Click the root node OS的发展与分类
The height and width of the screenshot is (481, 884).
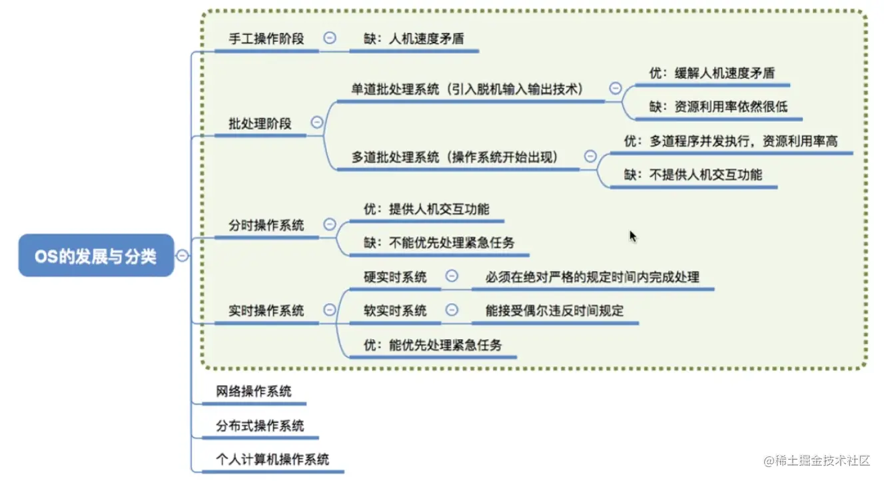[x=96, y=255]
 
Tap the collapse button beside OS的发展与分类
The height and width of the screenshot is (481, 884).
[x=182, y=255]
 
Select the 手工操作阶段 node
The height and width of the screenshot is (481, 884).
[x=266, y=39]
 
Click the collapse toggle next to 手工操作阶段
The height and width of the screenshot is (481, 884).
[x=330, y=38]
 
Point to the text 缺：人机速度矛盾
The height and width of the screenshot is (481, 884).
[x=414, y=39]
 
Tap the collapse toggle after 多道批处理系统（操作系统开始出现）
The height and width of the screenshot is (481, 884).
[x=590, y=157]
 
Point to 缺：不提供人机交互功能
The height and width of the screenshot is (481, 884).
[x=693, y=175]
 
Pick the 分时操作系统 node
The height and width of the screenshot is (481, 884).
[x=266, y=225]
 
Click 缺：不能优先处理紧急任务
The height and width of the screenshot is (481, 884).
[x=439, y=242]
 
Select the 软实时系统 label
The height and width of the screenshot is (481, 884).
[x=395, y=310]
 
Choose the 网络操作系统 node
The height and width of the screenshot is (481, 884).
[x=254, y=391]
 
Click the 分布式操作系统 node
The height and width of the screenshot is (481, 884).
[x=260, y=426]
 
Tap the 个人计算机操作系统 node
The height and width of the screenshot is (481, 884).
[x=272, y=460]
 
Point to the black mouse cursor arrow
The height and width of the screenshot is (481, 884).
[x=632, y=236]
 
